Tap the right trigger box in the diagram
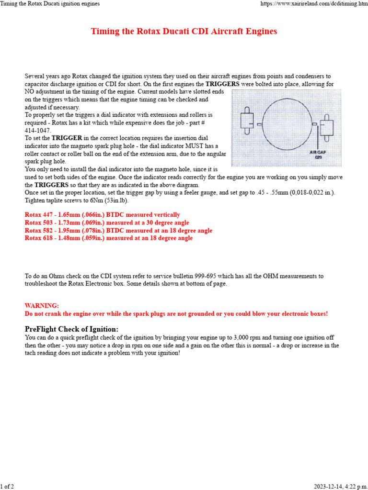pos(327,127)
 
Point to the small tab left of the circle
pos(259,124)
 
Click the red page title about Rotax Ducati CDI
pos(184,32)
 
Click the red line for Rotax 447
pos(103,215)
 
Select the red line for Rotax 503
pos(107,223)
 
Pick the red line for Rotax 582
pos(118,230)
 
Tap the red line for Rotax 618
pos(109,238)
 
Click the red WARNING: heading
pos(42,305)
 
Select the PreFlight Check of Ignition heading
pos(71,329)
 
